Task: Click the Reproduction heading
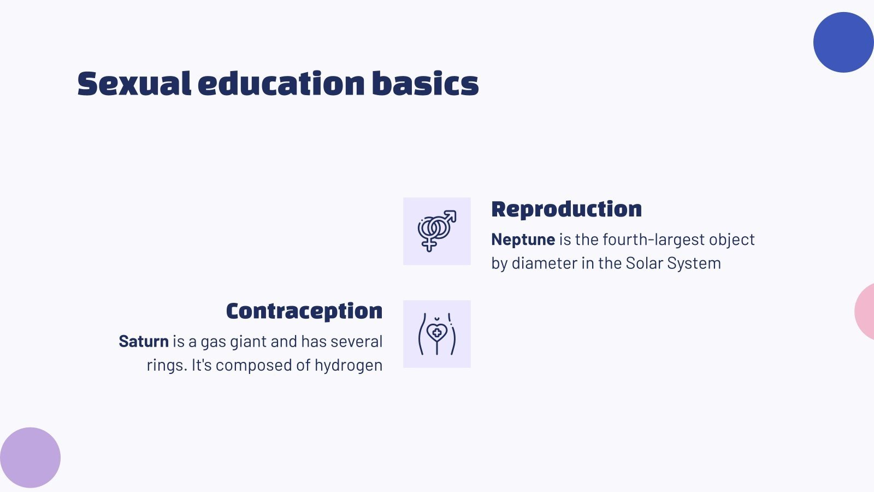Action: click(566, 210)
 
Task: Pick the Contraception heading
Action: click(304, 311)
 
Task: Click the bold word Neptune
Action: click(523, 239)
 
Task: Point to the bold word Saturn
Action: click(144, 341)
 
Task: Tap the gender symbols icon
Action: click(437, 231)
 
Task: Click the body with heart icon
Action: click(437, 334)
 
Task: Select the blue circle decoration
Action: click(843, 42)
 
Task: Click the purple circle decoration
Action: click(31, 458)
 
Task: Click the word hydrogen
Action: click(349, 366)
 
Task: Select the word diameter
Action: click(544, 263)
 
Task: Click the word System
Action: click(694, 263)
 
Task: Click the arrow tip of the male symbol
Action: click(455, 212)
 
